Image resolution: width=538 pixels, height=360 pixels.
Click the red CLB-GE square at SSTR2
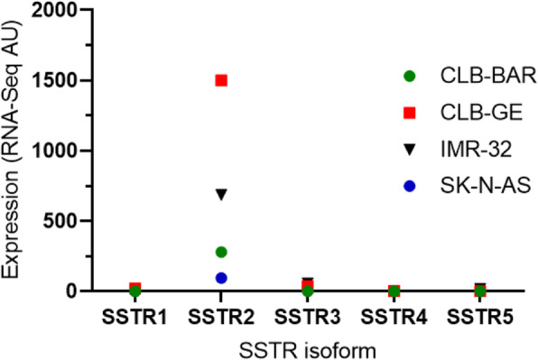(x=221, y=80)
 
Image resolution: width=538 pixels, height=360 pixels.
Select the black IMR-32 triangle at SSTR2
(x=221, y=194)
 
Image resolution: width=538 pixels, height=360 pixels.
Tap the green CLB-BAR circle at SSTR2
(x=221, y=252)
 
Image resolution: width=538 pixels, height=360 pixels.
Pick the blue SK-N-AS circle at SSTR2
(x=221, y=278)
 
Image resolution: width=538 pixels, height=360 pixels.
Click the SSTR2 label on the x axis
(x=221, y=318)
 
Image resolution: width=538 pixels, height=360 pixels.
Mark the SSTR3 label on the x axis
(x=308, y=318)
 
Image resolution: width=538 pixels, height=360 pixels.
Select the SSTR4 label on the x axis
(x=394, y=318)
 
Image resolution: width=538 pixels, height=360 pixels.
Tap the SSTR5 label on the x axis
(x=480, y=318)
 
